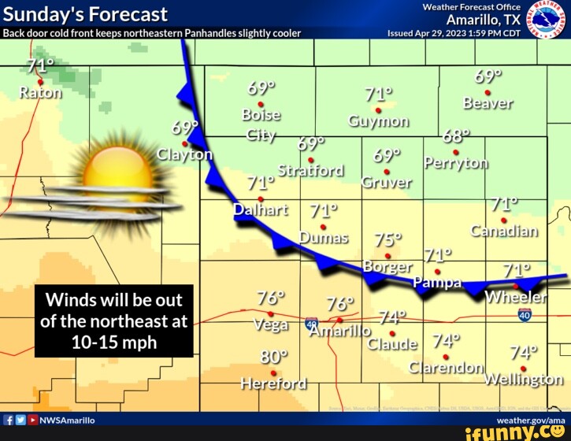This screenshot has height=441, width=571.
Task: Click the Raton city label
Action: click(40, 92)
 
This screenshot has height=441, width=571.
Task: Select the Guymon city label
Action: click(379, 120)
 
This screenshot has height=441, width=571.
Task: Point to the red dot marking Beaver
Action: click(488, 91)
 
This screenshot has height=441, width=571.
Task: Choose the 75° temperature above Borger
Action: click(388, 239)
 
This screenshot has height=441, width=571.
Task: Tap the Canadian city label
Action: click(505, 231)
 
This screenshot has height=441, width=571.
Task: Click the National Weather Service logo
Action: click(546, 19)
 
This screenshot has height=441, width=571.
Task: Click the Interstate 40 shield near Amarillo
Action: click(312, 324)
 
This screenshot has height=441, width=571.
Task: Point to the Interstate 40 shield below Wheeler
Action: click(525, 315)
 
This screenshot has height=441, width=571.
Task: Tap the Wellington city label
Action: click(523, 379)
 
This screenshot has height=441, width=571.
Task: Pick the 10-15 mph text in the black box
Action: click(114, 343)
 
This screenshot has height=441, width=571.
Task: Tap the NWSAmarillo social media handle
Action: click(67, 421)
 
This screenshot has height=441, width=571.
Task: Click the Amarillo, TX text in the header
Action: click(482, 20)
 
